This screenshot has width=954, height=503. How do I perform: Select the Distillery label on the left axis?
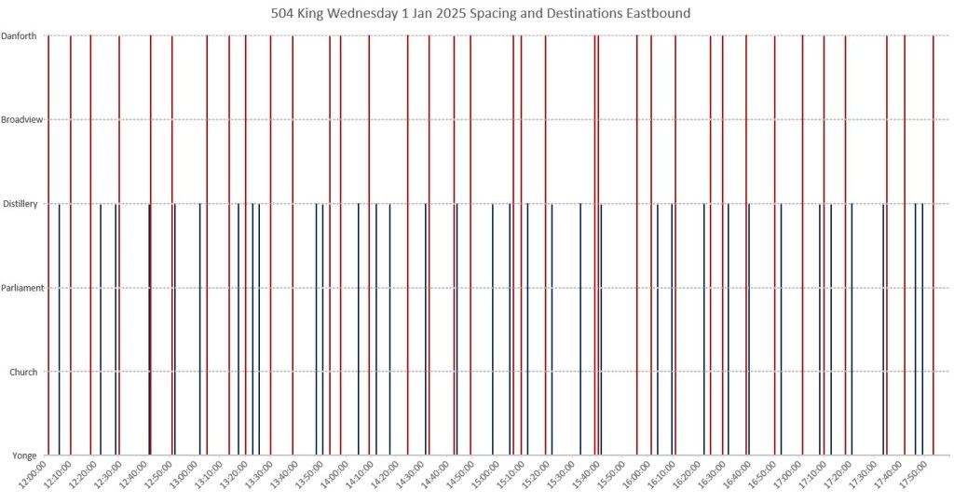pos(20,204)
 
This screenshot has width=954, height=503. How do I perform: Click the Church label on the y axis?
pos(23,372)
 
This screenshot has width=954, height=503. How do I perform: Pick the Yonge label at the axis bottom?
pos(24,455)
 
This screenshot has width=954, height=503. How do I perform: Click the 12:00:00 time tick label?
pos(34,475)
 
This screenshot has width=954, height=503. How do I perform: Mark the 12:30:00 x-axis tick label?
pos(106,475)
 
